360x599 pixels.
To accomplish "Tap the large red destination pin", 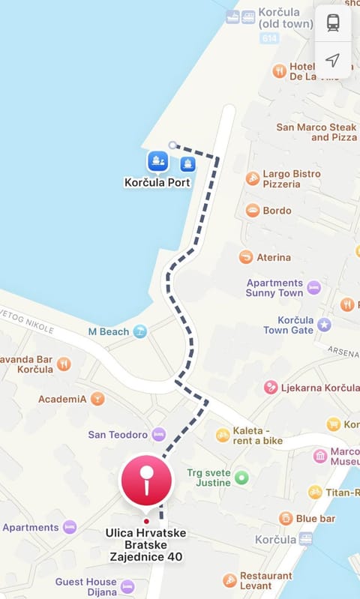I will tap(147, 481).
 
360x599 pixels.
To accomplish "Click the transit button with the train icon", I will tap(333, 23).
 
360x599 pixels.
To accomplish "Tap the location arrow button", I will tap(333, 60).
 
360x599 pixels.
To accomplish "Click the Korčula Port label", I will tap(157, 182).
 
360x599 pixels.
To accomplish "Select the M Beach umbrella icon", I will tap(140, 331).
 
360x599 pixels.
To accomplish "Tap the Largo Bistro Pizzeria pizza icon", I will tap(253, 178).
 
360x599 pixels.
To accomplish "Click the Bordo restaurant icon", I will tap(253, 211).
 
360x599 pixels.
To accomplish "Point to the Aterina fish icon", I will tap(246, 257).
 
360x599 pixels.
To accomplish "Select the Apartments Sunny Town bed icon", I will tap(313, 287).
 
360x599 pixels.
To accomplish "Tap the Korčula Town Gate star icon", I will tap(324, 325).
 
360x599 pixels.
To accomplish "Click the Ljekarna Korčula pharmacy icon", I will tap(271, 388).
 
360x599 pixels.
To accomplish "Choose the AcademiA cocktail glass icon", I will tap(97, 399).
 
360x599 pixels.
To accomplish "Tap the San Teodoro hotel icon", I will tap(158, 435).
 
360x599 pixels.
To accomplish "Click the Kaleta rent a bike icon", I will tap(223, 435).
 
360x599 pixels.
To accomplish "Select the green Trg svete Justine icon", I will tap(241, 477).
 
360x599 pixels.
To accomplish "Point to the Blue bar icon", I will tap(286, 518).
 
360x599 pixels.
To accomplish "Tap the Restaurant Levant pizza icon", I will tap(230, 580).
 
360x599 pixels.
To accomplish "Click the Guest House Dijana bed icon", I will tap(127, 586).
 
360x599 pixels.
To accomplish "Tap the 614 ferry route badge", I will tap(268, 38).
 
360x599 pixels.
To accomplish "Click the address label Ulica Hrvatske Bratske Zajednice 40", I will tap(147, 545).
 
